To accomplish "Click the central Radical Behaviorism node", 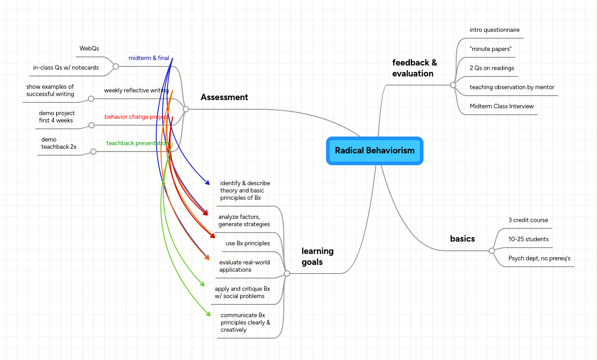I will click(375, 151).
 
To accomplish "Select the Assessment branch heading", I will click(224, 97).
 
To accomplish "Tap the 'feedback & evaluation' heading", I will click(414, 68).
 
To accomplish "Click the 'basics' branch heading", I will click(462, 238).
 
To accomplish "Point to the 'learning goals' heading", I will click(317, 256).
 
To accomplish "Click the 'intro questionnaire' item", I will click(495, 30).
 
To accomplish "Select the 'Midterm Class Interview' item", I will click(501, 106).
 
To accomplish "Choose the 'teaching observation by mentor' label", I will click(512, 87).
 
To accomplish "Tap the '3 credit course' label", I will click(528, 220).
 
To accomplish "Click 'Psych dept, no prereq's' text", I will click(539, 259).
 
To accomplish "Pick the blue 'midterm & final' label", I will click(148, 58).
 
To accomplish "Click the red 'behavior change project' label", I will click(136, 117).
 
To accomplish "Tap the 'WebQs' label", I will click(89, 48).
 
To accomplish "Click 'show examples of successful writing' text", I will click(50, 91).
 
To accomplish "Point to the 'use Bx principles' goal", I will click(248, 243).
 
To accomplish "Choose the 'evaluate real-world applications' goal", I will click(244, 266).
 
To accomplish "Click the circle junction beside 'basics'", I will click(491, 251).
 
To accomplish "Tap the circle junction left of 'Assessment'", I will click(186, 109).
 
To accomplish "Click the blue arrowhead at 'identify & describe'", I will click(207, 183).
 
